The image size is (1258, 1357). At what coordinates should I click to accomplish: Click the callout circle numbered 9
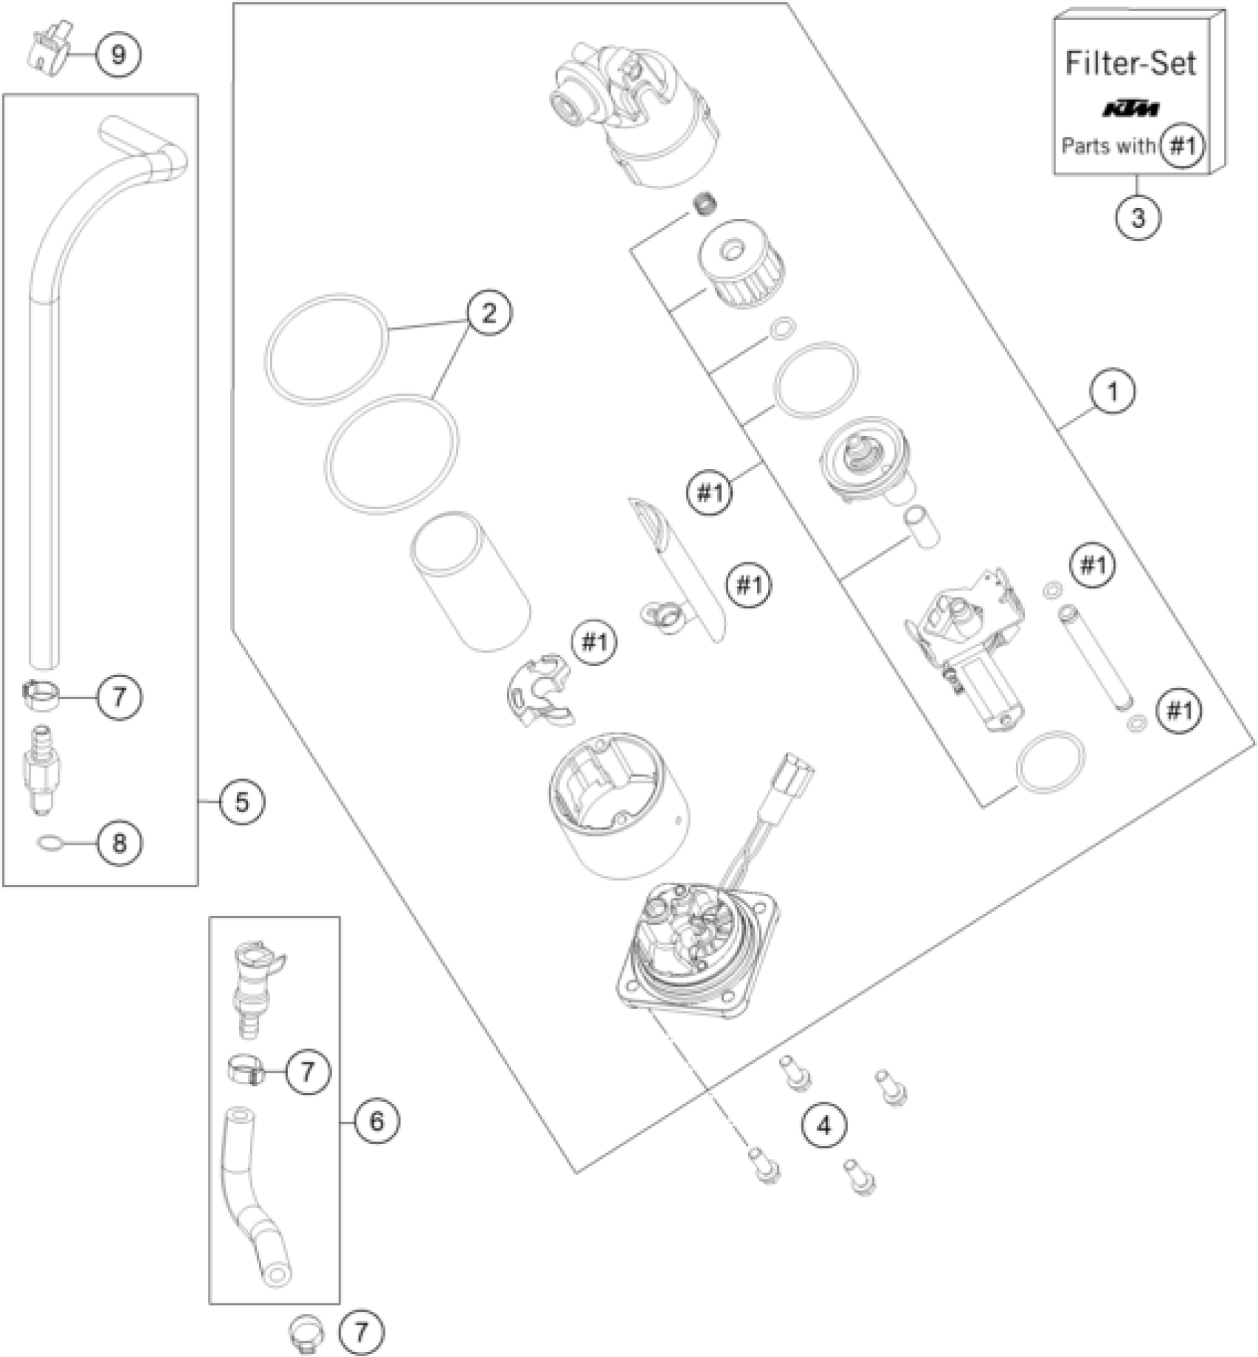tap(118, 55)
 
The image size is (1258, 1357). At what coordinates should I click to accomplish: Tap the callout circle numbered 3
tap(1137, 218)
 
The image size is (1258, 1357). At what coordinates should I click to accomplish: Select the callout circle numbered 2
tap(488, 313)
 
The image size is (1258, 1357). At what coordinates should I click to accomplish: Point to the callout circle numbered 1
tap(1112, 391)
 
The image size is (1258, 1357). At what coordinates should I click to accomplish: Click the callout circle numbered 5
tap(242, 802)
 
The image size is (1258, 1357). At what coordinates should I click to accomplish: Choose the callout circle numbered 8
tap(119, 843)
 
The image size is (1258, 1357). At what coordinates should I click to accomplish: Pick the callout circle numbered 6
tap(376, 1121)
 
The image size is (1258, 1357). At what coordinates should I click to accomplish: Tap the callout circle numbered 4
tap(824, 1126)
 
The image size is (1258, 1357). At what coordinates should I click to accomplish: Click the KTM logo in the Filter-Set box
tap(1131, 110)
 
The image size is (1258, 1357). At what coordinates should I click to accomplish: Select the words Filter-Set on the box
tap(1130, 64)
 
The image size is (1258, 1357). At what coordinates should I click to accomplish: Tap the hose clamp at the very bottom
tap(306, 1333)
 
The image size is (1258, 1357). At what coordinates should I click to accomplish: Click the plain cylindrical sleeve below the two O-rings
tap(471, 582)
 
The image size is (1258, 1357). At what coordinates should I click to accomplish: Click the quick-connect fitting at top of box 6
tap(255, 977)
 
